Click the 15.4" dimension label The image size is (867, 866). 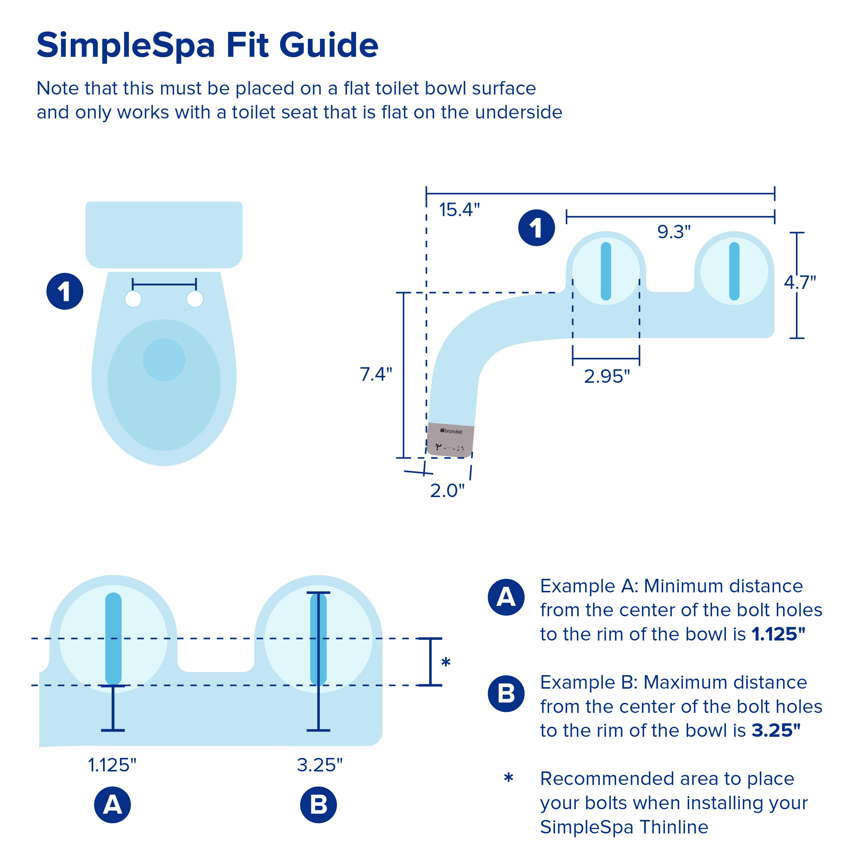pos(459,210)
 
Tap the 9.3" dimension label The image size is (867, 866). pos(674,232)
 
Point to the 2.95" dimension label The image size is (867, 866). pos(607,376)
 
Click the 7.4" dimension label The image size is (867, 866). pos(376,374)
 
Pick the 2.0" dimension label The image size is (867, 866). pos(447,491)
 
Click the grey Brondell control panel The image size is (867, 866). pos(450,440)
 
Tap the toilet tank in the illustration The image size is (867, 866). pos(164,234)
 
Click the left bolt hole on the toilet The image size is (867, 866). pos(133,299)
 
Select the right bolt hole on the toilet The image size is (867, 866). pos(195,299)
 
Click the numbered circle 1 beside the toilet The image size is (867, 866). pos(64,292)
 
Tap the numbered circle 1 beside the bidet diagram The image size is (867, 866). pos(536,228)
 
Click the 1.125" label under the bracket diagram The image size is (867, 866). pos(112,765)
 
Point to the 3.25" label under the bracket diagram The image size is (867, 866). pos(320,765)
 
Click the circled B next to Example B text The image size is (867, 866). pos(506,694)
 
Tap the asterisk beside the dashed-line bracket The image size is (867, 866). pos(445,662)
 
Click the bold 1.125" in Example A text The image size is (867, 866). pos(778,634)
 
